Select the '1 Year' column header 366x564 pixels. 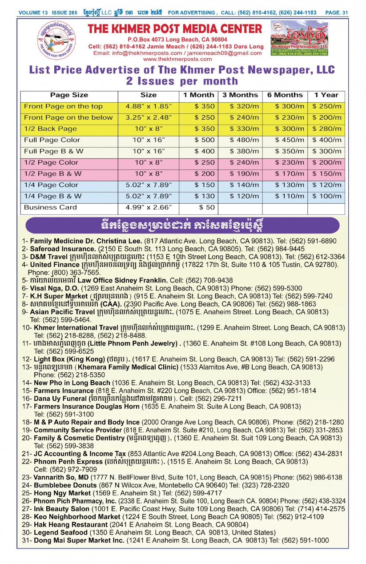326,95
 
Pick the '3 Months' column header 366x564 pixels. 240,95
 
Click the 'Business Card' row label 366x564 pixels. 50,208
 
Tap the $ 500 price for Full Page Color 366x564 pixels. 205,140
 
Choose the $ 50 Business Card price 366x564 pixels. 207,208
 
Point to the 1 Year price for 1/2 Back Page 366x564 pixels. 327,129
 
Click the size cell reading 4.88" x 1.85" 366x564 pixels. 149,107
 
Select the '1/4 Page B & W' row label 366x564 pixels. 52,196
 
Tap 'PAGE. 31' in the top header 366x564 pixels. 337,13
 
